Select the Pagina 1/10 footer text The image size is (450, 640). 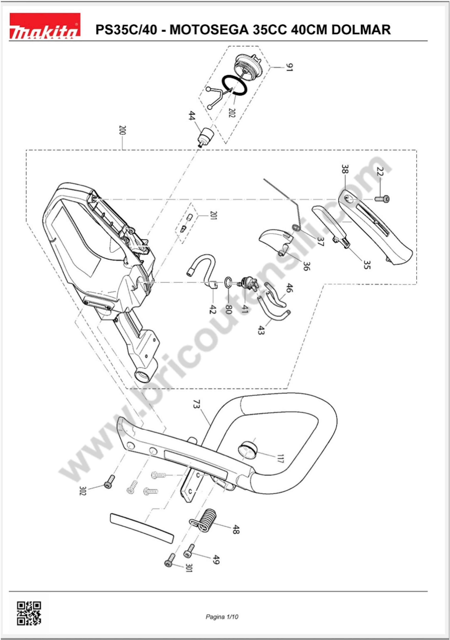pos(222,617)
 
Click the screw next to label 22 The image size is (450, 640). pos(382,199)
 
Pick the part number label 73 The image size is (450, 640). pos(197,404)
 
